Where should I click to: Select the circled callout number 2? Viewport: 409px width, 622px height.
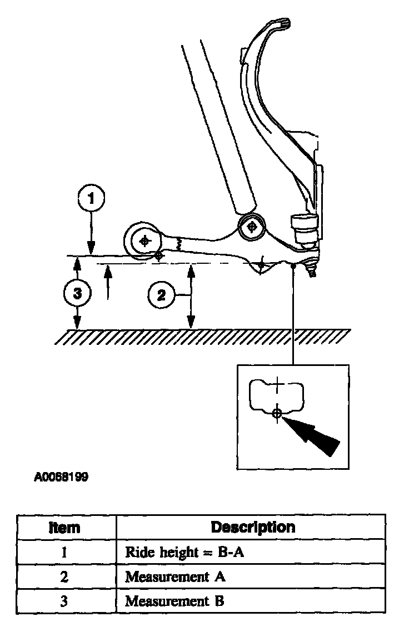161,295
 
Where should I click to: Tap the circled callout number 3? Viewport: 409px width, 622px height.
77,294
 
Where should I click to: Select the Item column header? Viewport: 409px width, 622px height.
65,527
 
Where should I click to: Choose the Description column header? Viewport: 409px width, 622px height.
253,526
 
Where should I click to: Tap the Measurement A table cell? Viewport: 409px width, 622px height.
175,577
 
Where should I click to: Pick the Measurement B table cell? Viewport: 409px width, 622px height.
175,601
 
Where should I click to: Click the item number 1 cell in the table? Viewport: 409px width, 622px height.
66,553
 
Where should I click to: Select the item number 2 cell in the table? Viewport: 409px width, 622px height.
66,577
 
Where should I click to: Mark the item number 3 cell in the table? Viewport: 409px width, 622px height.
66,601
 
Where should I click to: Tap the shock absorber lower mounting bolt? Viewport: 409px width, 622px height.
252,227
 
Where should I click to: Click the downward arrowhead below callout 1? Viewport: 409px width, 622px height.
91,250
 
